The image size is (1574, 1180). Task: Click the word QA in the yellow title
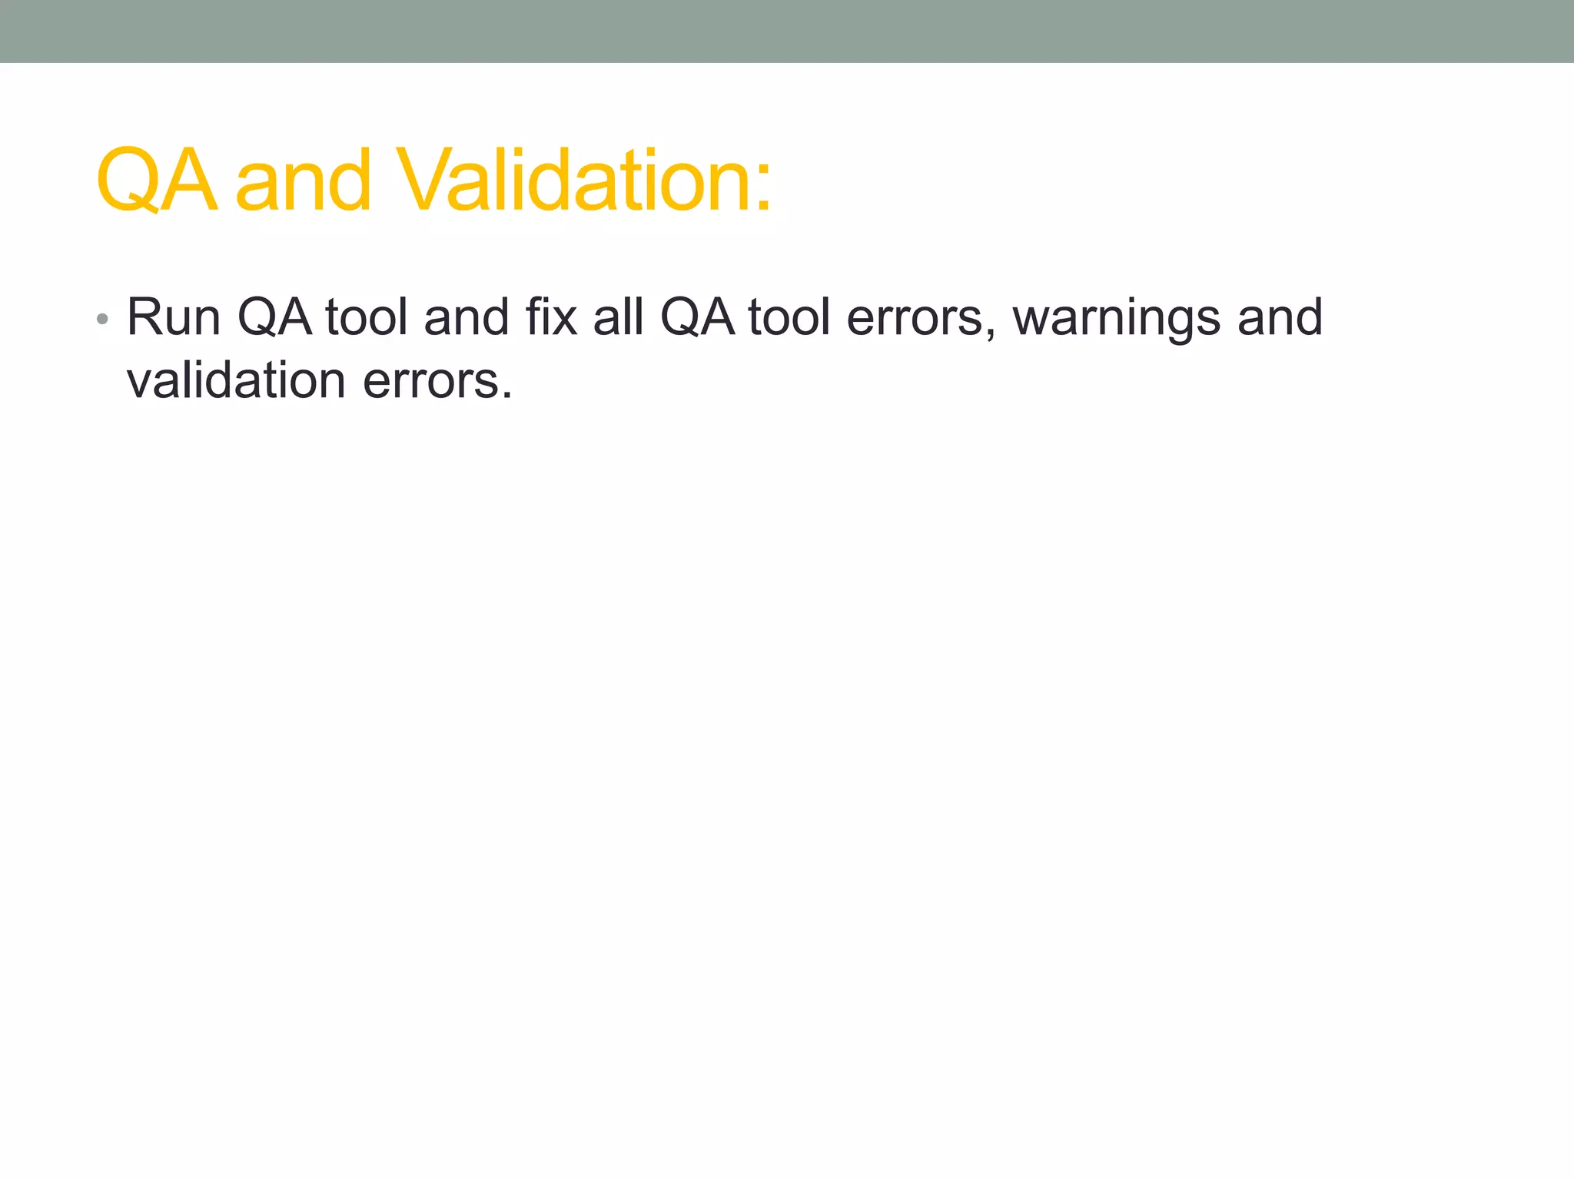click(x=156, y=181)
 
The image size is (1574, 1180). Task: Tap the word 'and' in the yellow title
click(x=304, y=181)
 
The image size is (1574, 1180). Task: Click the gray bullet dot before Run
click(x=102, y=319)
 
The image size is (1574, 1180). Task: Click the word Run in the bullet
click(x=174, y=317)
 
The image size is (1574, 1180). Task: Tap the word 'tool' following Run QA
click(x=367, y=317)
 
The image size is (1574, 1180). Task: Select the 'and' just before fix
click(x=467, y=317)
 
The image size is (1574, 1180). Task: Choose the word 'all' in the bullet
click(x=618, y=317)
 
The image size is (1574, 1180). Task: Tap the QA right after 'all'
click(x=697, y=317)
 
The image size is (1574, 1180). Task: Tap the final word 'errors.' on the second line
click(x=437, y=382)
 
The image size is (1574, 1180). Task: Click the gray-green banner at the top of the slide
click(x=787, y=31)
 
